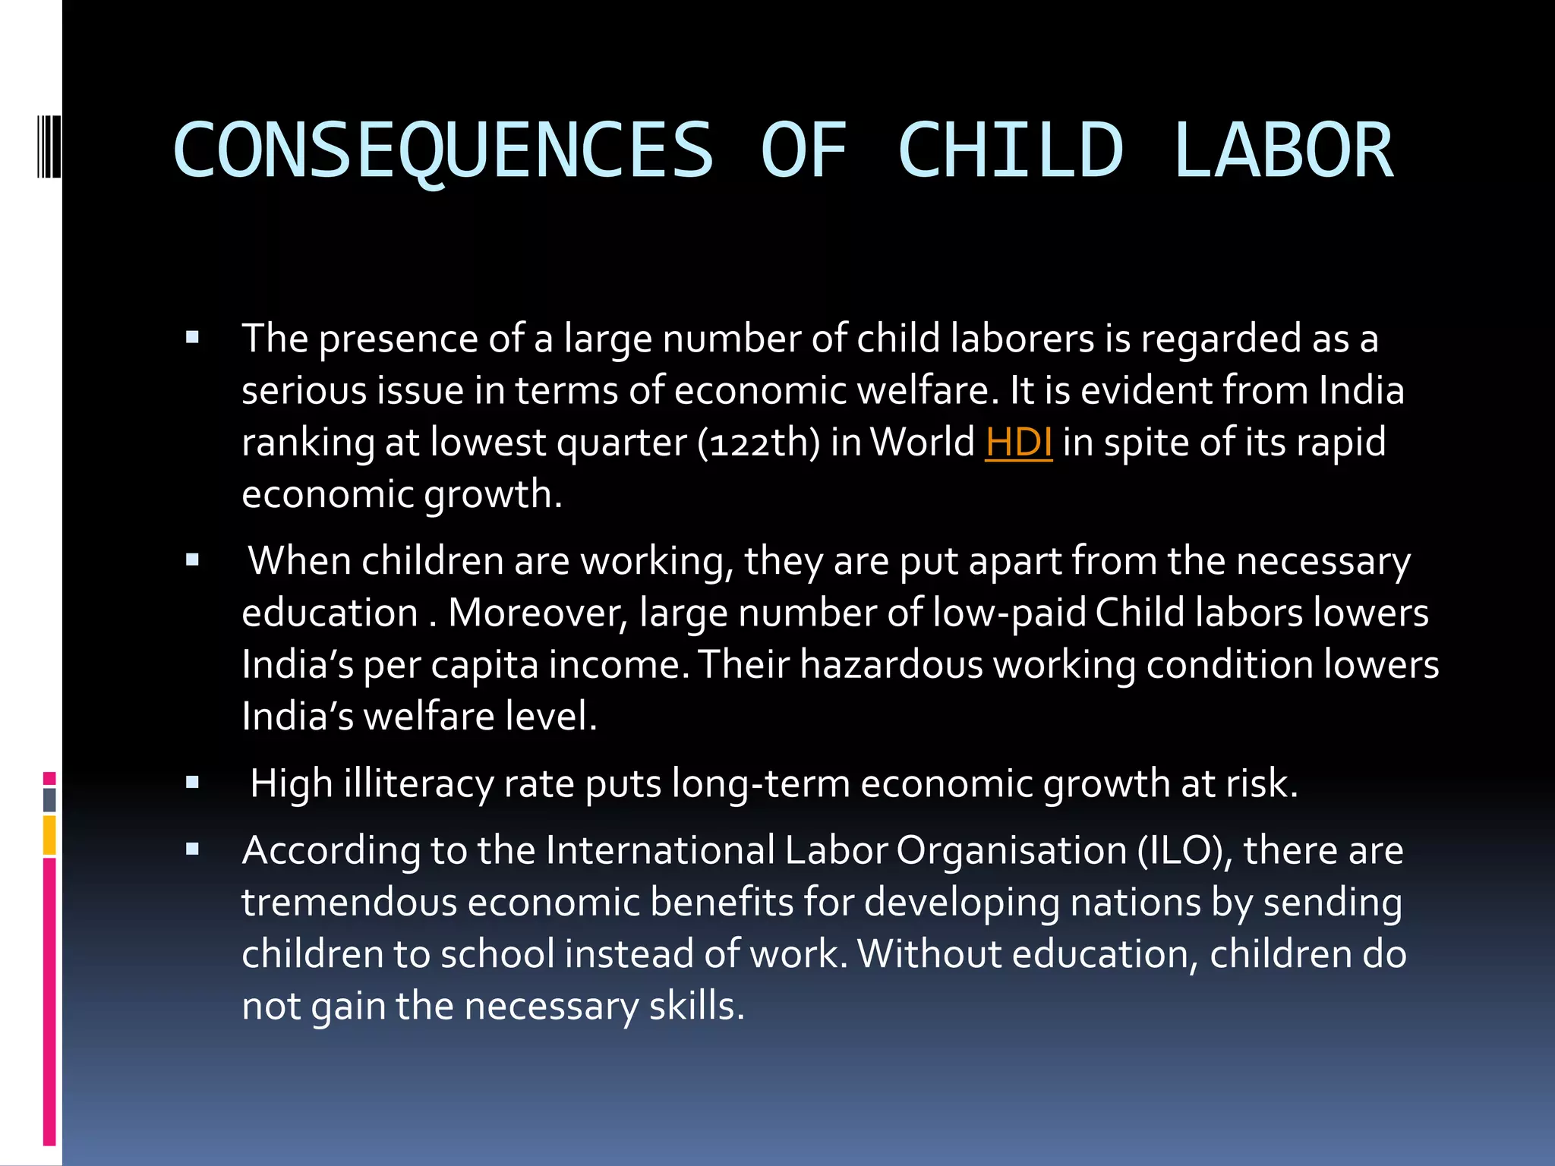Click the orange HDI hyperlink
(x=1018, y=443)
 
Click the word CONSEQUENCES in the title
(x=443, y=150)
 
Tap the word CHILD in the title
(x=1010, y=150)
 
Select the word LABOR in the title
(x=1283, y=150)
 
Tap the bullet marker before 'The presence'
(x=192, y=337)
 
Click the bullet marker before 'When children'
(x=192, y=560)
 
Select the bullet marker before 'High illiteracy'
(x=192, y=783)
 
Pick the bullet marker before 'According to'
(x=192, y=849)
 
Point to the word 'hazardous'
(x=891, y=665)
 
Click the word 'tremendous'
(x=349, y=903)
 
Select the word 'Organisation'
(x=1011, y=850)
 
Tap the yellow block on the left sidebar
(x=49, y=835)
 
